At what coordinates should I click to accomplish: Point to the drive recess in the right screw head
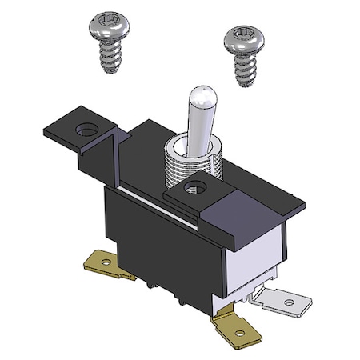(x=242, y=34)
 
